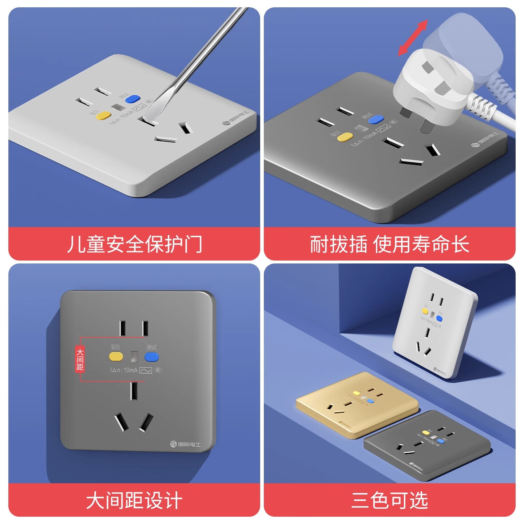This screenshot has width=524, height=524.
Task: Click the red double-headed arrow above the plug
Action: (413, 38)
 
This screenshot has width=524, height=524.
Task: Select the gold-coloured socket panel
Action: (357, 404)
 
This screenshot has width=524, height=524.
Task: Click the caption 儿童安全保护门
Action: (134, 244)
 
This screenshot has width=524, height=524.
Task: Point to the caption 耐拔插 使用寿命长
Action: (389, 244)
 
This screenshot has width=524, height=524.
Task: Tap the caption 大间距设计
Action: (134, 500)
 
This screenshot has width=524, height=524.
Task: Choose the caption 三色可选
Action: (389, 500)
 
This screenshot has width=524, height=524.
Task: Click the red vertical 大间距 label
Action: (80, 359)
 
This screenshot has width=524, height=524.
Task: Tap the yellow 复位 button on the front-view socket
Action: (116, 356)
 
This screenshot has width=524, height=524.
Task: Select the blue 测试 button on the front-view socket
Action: (151, 357)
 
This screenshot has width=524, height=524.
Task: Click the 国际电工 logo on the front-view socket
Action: (186, 444)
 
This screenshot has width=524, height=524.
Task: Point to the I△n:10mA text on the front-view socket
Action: (124, 370)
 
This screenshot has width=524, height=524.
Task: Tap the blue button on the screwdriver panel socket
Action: (132, 98)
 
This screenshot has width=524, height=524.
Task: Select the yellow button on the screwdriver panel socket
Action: (103, 116)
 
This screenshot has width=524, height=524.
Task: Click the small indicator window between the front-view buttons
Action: (134, 357)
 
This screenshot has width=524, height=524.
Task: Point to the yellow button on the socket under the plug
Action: (345, 137)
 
